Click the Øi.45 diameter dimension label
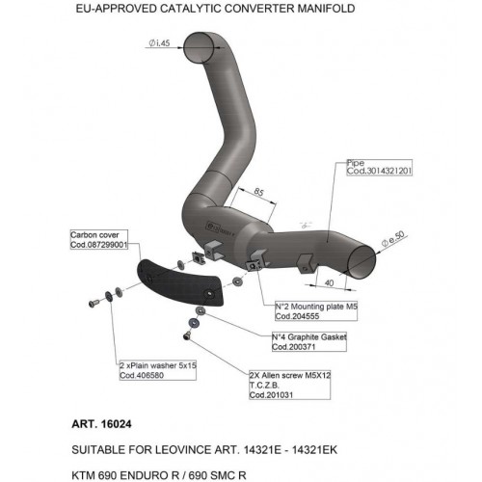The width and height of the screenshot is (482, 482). click(x=159, y=42)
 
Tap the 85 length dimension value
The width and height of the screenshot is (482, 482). click(x=258, y=192)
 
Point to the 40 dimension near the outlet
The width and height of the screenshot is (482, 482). click(x=329, y=282)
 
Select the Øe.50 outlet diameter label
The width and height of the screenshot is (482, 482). click(x=393, y=239)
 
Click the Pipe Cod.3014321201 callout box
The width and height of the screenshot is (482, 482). click(x=379, y=168)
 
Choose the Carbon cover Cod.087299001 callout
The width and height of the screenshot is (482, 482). click(x=99, y=240)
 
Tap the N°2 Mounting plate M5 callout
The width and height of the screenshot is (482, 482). click(x=316, y=311)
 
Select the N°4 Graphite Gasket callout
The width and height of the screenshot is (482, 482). click(x=309, y=342)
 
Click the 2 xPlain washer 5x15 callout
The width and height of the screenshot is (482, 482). click(x=157, y=370)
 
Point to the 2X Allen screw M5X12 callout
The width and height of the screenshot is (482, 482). click(x=290, y=385)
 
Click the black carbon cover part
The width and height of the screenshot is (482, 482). click(x=180, y=282)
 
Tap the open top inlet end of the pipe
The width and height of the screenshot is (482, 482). click(x=199, y=47)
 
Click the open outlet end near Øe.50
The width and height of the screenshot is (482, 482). click(x=361, y=262)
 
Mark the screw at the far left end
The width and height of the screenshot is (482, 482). click(x=94, y=303)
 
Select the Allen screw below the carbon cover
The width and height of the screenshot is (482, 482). click(x=186, y=336)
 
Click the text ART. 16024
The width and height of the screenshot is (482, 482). click(x=101, y=424)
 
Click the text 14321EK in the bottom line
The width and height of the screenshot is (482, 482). click(x=314, y=450)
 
